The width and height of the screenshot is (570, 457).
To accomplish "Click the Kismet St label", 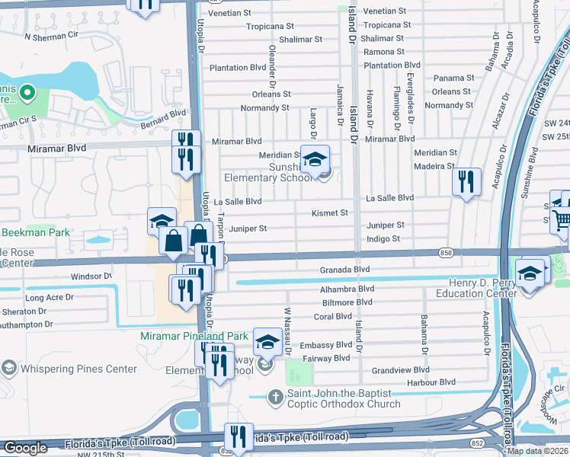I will [x=329, y=213].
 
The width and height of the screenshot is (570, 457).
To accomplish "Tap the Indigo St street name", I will [x=383, y=238].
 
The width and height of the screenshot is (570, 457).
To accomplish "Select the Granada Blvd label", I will [x=351, y=269].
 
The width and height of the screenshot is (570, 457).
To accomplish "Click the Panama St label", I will [x=453, y=78].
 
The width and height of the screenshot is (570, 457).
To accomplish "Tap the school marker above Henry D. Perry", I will [x=529, y=272].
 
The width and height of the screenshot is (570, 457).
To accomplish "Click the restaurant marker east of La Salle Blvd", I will [x=466, y=182].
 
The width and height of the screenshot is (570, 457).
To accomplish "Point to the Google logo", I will [x=25, y=448].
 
